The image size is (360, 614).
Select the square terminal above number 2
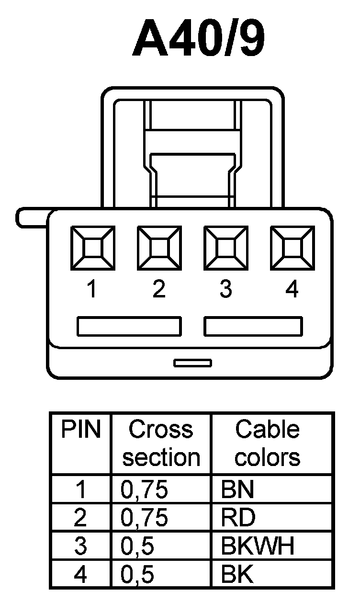[159, 248]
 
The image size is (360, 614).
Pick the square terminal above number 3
[226, 248]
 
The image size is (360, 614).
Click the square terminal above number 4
[292, 248]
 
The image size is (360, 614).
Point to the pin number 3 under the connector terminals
[225, 289]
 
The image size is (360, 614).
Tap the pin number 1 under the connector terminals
[91, 289]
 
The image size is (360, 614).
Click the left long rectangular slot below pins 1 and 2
[129, 326]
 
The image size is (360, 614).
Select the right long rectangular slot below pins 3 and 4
[253, 326]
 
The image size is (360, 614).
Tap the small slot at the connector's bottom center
[192, 363]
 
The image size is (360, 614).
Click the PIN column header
[81, 430]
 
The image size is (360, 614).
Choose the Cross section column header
[161, 443]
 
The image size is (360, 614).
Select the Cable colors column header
[268, 443]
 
